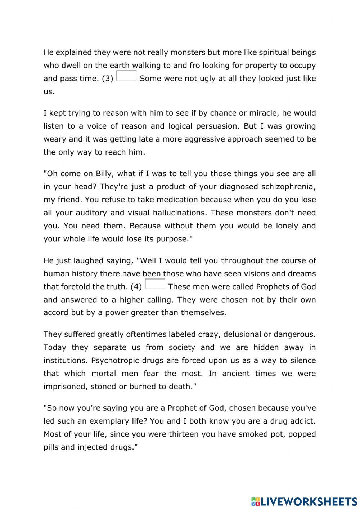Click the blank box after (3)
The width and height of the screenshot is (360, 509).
126,76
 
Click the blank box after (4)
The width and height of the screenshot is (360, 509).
155,284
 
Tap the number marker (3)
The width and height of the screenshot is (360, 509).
107,79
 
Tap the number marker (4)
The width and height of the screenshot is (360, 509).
136,287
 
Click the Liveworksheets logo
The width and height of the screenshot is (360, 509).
304,501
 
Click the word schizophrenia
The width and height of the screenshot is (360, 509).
288,187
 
